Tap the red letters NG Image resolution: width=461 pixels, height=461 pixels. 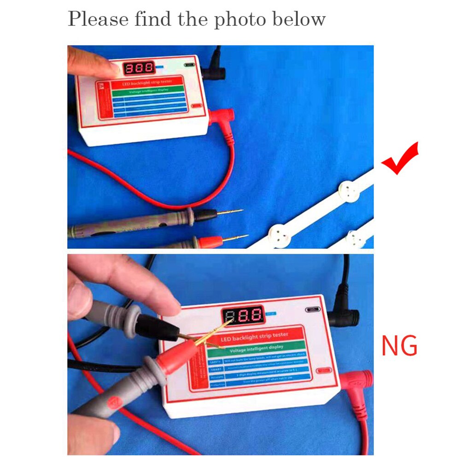[399, 346]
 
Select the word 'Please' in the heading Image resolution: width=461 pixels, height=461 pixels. [99, 20]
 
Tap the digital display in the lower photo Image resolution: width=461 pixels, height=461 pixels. [244, 316]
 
